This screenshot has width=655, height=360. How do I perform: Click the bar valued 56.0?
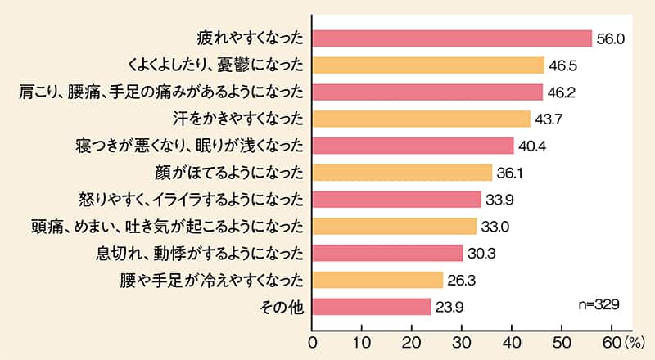coord(452,38)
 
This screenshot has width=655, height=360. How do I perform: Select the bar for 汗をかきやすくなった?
coord(422,119)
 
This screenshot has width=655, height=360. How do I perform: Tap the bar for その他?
coord(372,307)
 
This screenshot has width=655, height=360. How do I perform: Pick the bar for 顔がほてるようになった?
coord(402,173)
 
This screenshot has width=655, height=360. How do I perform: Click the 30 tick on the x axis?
coord(463,340)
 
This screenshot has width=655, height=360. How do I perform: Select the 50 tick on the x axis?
coord(562,340)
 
